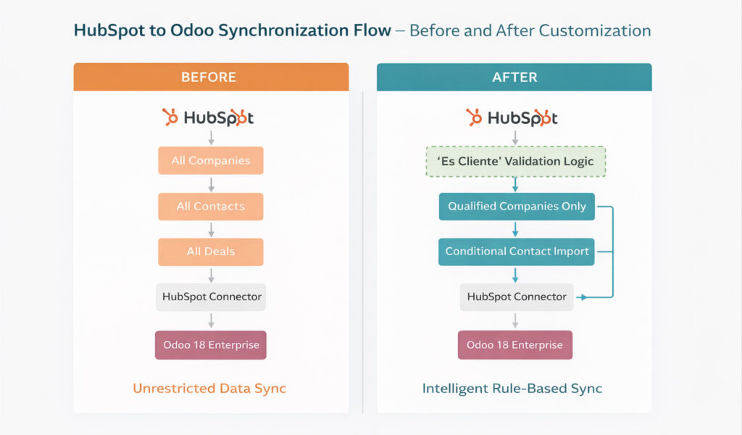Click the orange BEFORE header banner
[x=211, y=77]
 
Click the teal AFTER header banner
[x=514, y=77]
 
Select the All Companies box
[x=211, y=160]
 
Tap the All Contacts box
[x=211, y=207]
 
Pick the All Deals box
[x=211, y=252]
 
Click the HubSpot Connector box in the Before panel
[x=211, y=297]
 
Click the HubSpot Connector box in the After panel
[x=517, y=297]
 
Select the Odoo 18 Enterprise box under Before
[x=211, y=345]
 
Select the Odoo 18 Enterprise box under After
[x=515, y=345]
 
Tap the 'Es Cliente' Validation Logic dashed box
[x=515, y=162]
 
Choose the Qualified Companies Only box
[x=517, y=207]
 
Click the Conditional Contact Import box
[x=516, y=252]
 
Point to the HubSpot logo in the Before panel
[x=208, y=117]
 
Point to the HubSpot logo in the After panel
[x=512, y=117]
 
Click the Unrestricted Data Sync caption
[x=209, y=389]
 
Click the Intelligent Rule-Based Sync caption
[x=512, y=389]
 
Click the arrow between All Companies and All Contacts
[x=211, y=184]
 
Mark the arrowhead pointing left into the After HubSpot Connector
[x=582, y=297]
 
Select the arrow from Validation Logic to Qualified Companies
[x=515, y=185]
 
